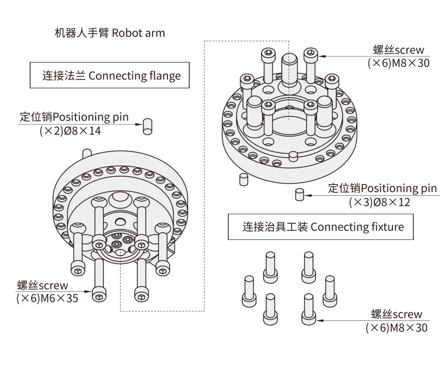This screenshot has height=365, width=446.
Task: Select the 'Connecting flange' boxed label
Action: [109, 75]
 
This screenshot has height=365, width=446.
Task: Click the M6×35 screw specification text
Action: [47, 297]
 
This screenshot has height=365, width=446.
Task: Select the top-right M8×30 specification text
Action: [398, 63]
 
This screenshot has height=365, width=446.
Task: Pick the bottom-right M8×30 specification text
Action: [397, 328]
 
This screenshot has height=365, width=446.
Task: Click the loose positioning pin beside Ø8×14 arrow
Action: [148, 126]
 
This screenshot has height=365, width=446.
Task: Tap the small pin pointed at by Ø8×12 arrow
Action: [299, 195]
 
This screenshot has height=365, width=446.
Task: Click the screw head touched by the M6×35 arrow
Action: [99, 295]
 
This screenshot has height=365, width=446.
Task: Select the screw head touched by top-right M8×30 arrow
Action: [311, 55]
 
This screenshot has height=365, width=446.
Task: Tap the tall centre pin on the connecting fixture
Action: [289, 67]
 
